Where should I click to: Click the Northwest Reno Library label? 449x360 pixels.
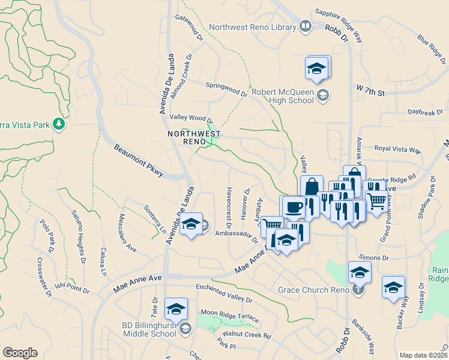[252, 27]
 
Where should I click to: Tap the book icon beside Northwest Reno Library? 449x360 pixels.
[305, 26]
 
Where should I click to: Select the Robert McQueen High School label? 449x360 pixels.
[283, 96]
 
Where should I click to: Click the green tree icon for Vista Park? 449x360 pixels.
[59, 124]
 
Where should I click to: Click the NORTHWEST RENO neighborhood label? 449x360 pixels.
[193, 137]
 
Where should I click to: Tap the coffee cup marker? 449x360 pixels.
[293, 208]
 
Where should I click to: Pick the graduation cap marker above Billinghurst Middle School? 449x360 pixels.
[176, 309]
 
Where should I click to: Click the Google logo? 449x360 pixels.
[20, 353]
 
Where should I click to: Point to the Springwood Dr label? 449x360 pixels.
[226, 89]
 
